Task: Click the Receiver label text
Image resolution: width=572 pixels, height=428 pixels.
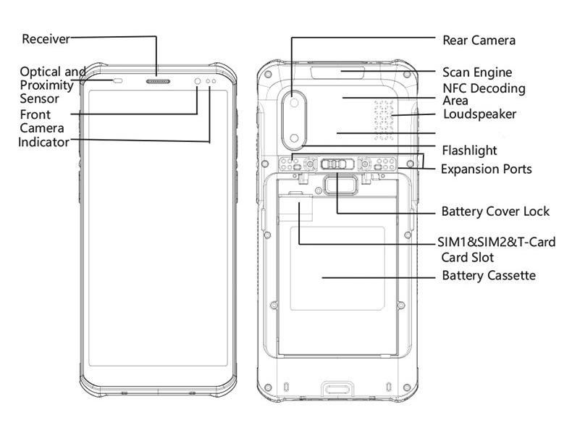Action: (45, 38)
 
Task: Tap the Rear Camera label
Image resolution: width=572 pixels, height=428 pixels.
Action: (479, 40)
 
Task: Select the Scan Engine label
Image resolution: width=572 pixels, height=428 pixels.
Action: (477, 72)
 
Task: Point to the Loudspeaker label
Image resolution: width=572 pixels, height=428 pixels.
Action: (479, 114)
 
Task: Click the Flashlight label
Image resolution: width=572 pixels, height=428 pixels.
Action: (469, 151)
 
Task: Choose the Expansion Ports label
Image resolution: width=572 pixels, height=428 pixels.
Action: (487, 169)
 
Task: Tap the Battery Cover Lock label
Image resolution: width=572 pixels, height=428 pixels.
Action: (495, 211)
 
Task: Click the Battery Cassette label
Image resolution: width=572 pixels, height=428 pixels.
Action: (488, 276)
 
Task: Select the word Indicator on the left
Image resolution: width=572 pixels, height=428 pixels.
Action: (43, 142)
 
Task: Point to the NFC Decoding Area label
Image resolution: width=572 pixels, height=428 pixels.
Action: (484, 94)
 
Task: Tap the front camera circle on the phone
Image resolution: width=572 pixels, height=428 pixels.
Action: (198, 80)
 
